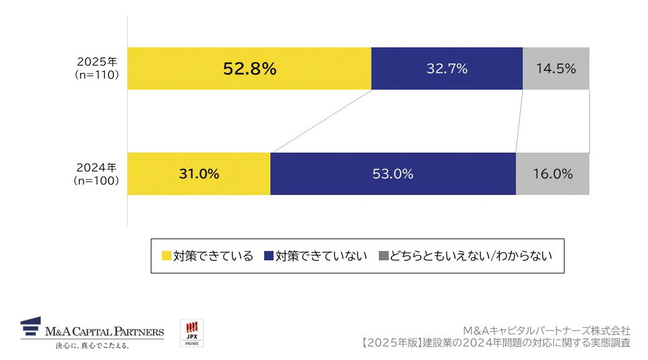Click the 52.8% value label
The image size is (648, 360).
pyautogui.click(x=249, y=69)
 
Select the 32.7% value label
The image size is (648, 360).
pyautogui.click(x=447, y=69)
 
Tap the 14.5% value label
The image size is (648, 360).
pyautogui.click(x=555, y=69)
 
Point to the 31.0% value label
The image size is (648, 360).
pyautogui.click(x=199, y=174)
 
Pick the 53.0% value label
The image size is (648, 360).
pyautogui.click(x=393, y=174)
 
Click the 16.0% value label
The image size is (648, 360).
pyautogui.click(x=553, y=174)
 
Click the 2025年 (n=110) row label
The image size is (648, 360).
pyautogui.click(x=97, y=69)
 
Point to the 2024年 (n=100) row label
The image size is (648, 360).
pyautogui.click(x=97, y=174)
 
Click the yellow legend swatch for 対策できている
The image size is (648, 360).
pyautogui.click(x=166, y=256)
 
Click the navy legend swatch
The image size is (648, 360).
pyautogui.click(x=269, y=256)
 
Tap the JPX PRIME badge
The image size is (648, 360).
pyautogui.click(x=192, y=334)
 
